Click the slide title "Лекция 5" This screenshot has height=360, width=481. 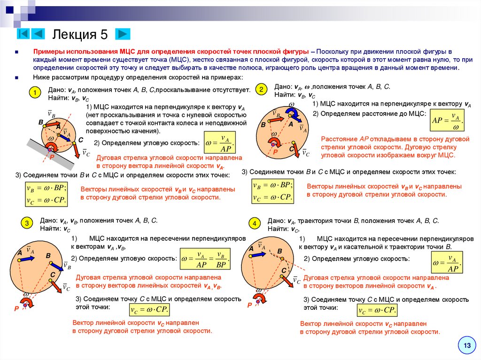pyautogui.click(x=80, y=34)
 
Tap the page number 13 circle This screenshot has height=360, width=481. pyautogui.click(x=467, y=346)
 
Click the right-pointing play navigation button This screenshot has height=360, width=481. pyautogui.click(x=123, y=34)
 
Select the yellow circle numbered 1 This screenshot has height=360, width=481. pyautogui.click(x=34, y=93)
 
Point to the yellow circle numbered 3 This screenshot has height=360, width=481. pyautogui.click(x=27, y=223)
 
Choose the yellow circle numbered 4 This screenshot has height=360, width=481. pyautogui.click(x=254, y=224)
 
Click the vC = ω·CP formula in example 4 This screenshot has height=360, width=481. pyautogui.click(x=377, y=310)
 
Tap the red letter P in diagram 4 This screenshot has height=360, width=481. pyautogui.click(x=249, y=305)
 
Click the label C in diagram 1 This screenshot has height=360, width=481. pyautogui.click(x=80, y=140)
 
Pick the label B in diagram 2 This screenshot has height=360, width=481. pyautogui.click(x=263, y=125)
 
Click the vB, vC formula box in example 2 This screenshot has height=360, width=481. pyautogui.click(x=273, y=191)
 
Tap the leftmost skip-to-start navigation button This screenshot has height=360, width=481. pyautogui.click(x=24, y=34)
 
